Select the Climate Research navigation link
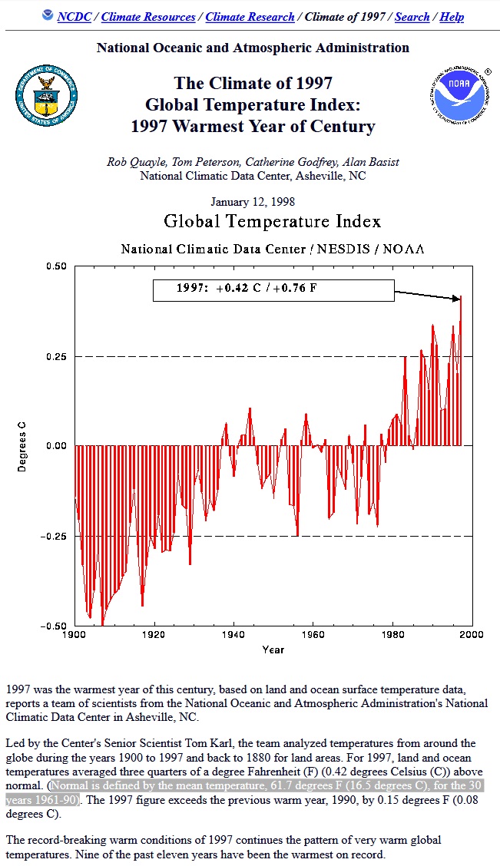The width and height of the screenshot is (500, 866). point(250,16)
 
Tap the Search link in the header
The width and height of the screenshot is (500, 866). point(412,16)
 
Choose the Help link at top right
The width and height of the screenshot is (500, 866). point(452,16)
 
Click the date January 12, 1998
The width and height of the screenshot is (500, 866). point(253,202)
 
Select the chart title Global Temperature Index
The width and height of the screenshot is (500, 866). point(273,222)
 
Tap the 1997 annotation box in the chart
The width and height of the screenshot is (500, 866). point(273,290)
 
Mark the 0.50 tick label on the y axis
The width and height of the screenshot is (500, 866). point(56,266)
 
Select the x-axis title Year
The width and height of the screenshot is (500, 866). point(273,649)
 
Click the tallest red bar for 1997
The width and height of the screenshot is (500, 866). point(461,369)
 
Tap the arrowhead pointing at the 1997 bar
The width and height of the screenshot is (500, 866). point(458,299)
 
